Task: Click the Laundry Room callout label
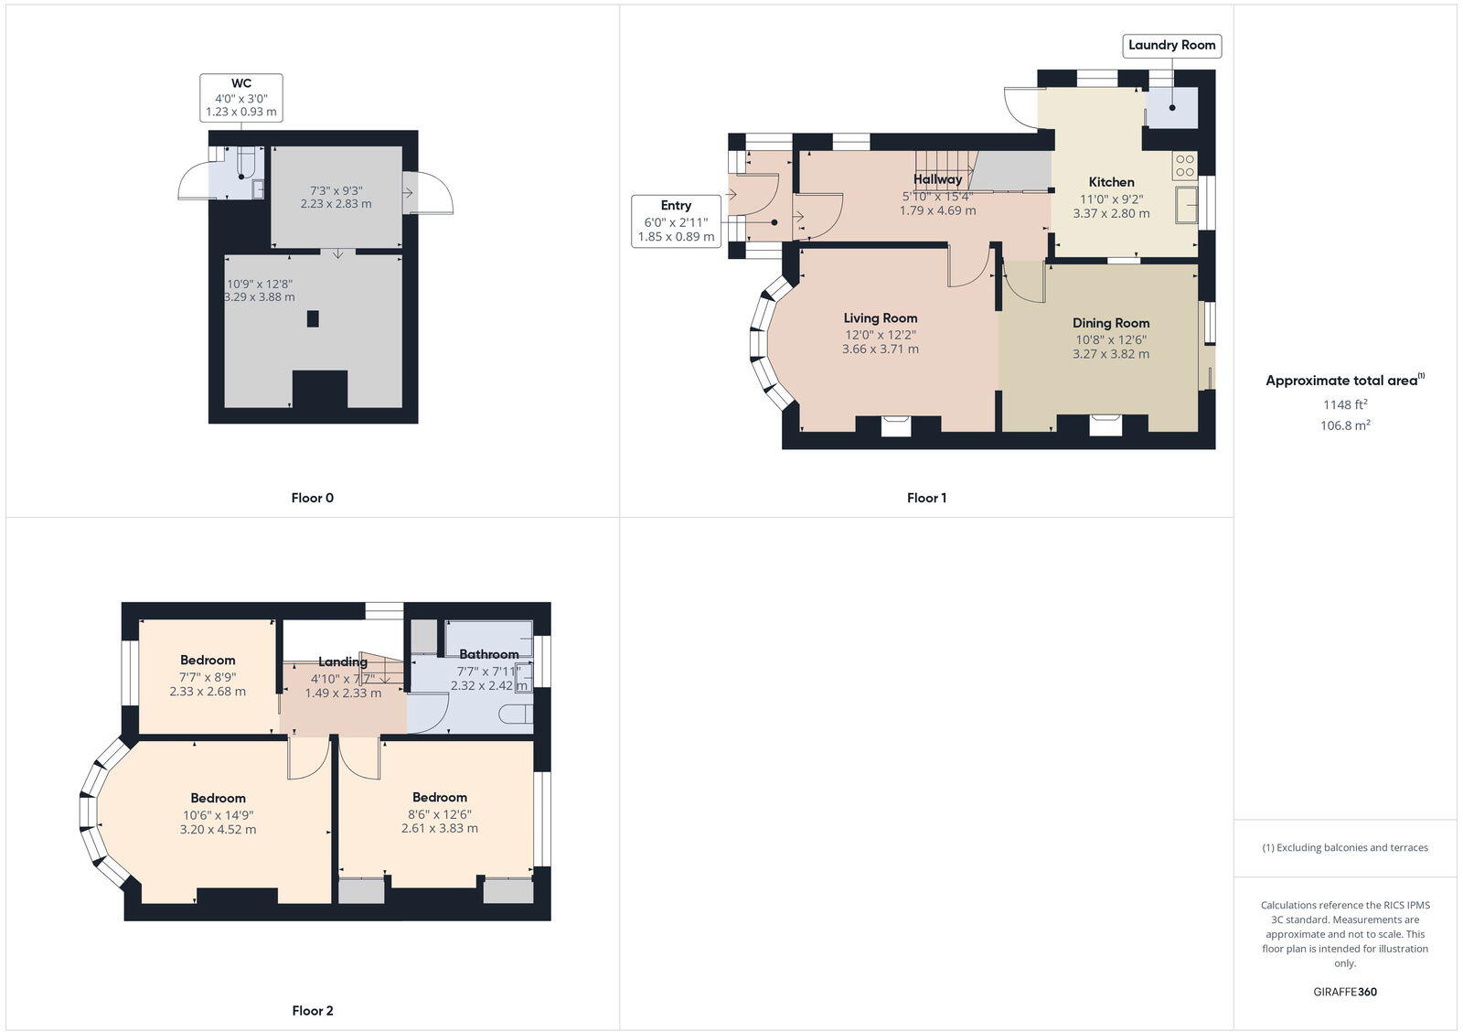[1171, 45]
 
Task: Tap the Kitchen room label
[1111, 182]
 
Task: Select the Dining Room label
[1111, 323]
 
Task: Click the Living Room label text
[881, 318]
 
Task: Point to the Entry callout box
[676, 220]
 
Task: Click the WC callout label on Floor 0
[241, 97]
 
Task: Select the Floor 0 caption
[312, 498]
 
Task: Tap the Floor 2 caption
[312, 1010]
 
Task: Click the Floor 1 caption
[926, 498]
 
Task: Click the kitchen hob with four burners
[1185, 166]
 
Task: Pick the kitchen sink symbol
[1187, 204]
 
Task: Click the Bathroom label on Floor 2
[488, 654]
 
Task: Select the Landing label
[343, 661]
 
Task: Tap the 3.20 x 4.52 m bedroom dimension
[218, 830]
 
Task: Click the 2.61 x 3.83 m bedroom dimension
[439, 828]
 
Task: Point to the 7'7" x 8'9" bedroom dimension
[208, 677]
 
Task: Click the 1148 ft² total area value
[1345, 404]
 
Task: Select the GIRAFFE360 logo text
[1344, 992]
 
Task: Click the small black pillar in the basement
[313, 318]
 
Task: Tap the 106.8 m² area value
[1345, 425]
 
